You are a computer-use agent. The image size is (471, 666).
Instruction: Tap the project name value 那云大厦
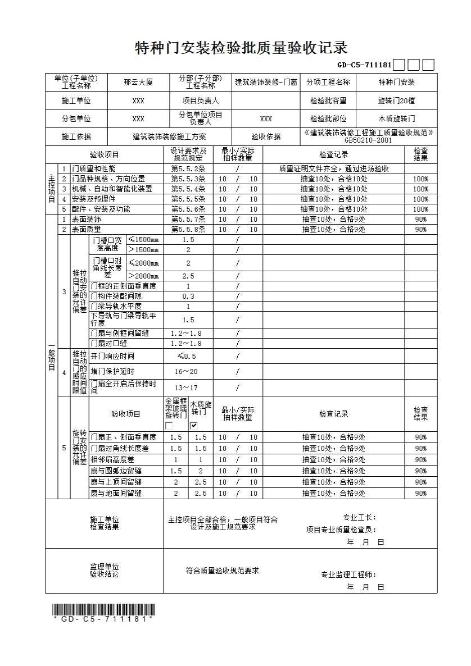pyautogui.click(x=138, y=83)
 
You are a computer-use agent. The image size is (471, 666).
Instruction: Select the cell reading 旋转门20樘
pyautogui.click(x=396, y=101)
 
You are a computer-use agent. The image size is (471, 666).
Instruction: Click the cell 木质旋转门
pyautogui.click(x=396, y=119)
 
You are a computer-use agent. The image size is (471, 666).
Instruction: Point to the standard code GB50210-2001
pyautogui.click(x=368, y=141)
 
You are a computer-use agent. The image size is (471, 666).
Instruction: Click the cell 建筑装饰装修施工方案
pyautogui.click(x=169, y=136)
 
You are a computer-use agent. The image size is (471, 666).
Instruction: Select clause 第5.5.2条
pyautogui.click(x=188, y=168)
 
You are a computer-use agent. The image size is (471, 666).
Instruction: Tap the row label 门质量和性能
pyautogui.click(x=93, y=168)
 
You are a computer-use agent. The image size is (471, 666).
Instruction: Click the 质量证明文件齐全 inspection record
pyautogui.click(x=333, y=168)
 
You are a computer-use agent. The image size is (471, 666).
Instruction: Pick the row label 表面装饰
pyautogui.click(x=86, y=220)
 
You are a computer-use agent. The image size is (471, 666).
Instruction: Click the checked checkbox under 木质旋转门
pyautogui.click(x=194, y=426)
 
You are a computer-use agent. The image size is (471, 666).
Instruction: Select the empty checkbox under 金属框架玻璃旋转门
pyautogui.click(x=169, y=426)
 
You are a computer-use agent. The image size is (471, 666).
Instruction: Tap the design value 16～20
pyautogui.click(x=186, y=372)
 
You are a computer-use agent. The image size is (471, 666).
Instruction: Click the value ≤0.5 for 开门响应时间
pyautogui.click(x=187, y=356)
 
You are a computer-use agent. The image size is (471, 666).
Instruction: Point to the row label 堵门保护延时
pyautogui.click(x=112, y=372)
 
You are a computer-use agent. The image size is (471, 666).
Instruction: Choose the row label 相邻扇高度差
pyautogui.click(x=112, y=460)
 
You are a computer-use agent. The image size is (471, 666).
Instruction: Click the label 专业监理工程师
pyautogui.click(x=348, y=574)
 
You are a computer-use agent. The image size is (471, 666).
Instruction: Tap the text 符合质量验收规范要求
pyautogui.click(x=223, y=571)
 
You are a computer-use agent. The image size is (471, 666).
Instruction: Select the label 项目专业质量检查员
pyautogui.click(x=341, y=529)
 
